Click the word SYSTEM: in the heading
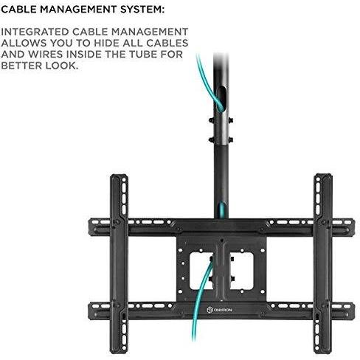click(142, 10)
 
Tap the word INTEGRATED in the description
click(35, 32)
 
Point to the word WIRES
click(46, 55)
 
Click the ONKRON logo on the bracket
click(219, 310)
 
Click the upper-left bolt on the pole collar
click(211, 120)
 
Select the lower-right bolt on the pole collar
click(230, 140)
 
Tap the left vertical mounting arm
click(119, 263)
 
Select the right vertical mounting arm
click(323, 263)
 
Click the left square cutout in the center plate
click(201, 271)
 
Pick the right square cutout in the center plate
click(241, 271)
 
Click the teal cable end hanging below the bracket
click(194, 338)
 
